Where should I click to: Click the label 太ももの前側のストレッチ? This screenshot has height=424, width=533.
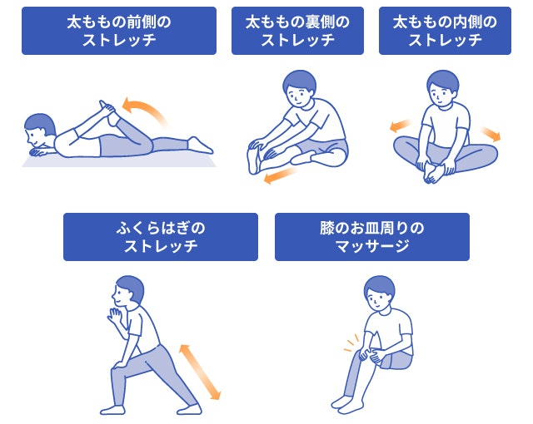click(119, 31)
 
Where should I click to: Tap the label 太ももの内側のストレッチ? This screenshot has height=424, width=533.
click(445, 31)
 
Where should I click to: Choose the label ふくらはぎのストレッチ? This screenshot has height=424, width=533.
click(161, 236)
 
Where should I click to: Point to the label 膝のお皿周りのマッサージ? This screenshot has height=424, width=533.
click(371, 236)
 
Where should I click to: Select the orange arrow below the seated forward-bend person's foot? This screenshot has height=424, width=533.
click(279, 175)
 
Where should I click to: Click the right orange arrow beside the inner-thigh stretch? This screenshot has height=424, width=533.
click(491, 133)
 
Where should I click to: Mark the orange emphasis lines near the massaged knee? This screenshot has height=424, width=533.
click(351, 342)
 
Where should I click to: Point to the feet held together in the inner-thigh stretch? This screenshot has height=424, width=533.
click(436, 171)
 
